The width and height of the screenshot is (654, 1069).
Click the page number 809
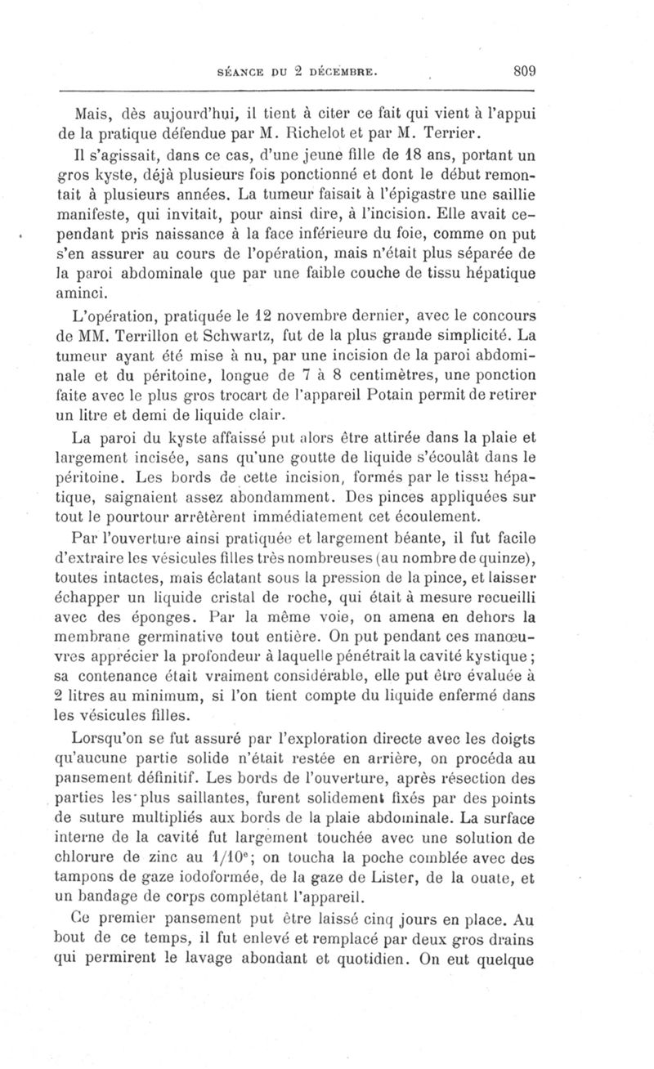point(519,71)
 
